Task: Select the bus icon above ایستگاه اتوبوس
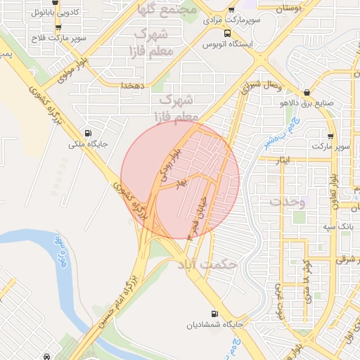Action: pos(226,33)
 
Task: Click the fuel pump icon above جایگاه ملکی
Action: pos(88,133)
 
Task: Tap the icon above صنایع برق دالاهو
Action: pos(307,93)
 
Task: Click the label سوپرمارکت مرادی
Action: pos(232,20)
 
